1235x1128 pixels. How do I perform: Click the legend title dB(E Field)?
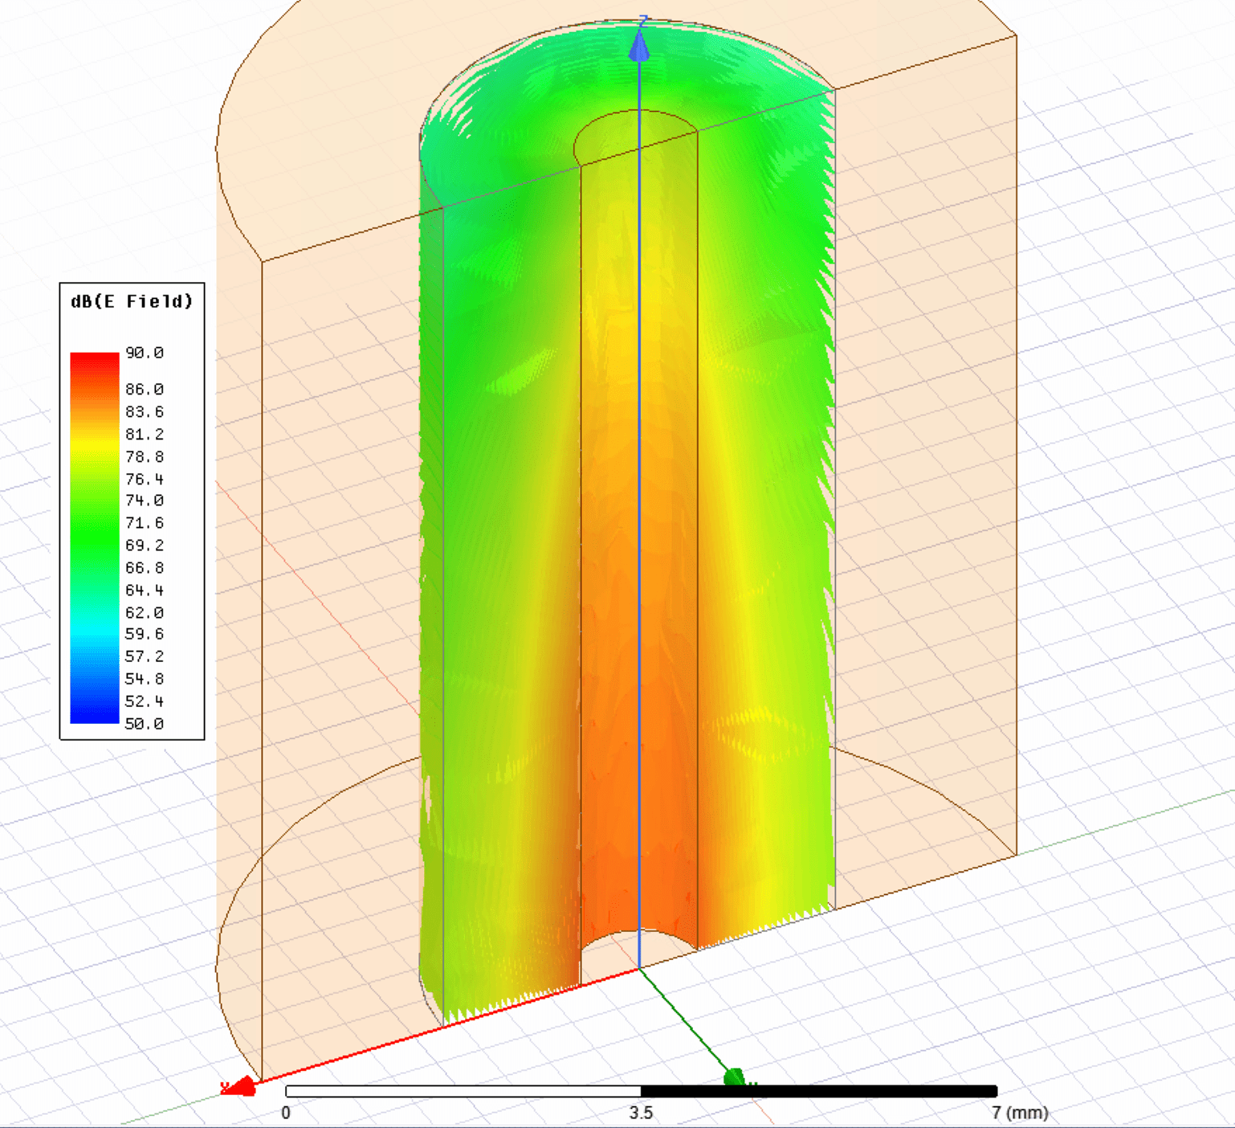point(132,301)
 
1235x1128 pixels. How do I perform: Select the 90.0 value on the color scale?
point(145,353)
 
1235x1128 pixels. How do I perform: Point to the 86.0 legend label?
point(145,389)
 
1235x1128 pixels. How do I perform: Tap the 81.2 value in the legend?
point(145,434)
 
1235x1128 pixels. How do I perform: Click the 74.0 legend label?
point(145,500)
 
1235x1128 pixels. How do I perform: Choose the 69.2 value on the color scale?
point(145,545)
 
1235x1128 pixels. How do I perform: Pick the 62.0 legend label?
point(145,612)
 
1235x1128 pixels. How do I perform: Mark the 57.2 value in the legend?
point(145,656)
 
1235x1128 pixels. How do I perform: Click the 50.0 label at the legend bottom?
point(145,723)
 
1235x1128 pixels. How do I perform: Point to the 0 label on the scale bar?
point(286,1113)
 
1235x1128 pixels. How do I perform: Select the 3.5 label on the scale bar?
point(641,1113)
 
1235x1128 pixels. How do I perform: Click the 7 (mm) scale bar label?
point(1019,1113)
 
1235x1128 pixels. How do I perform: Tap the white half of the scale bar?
point(463,1091)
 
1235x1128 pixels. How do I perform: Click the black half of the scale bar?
point(819,1091)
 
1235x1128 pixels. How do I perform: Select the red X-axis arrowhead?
point(240,1087)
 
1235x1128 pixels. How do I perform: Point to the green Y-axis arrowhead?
point(734,1077)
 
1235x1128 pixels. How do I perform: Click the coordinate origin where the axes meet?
point(639,969)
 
